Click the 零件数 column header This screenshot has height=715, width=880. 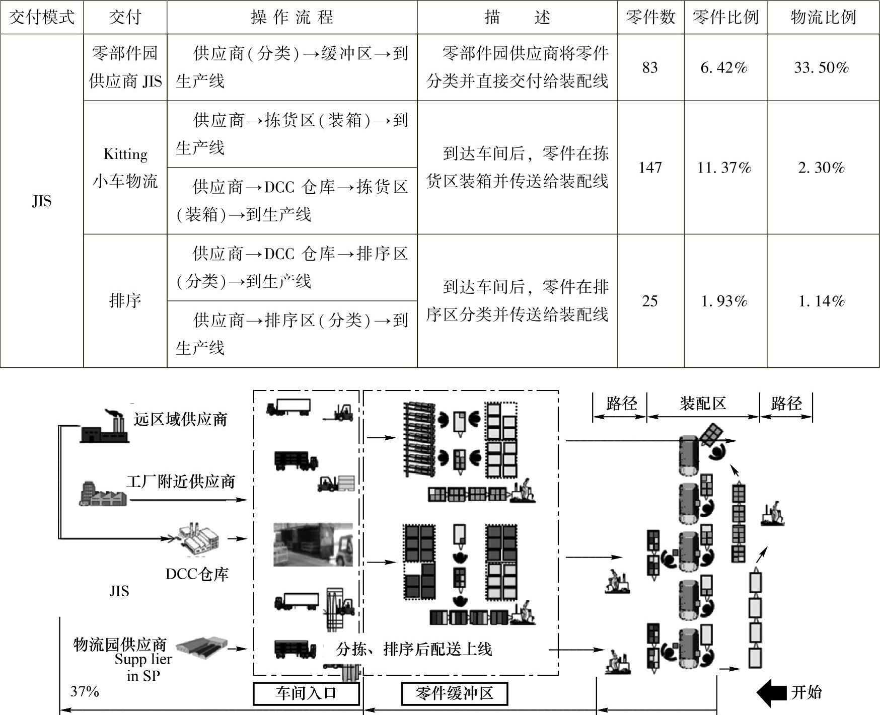(650, 17)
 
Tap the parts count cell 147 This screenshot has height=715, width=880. (650, 167)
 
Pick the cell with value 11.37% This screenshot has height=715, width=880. (724, 167)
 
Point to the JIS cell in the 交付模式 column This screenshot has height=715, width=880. (41, 201)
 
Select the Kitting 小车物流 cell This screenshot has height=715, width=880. (125, 167)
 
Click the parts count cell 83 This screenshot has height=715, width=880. (650, 67)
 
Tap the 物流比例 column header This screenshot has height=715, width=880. (823, 17)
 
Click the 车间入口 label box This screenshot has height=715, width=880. (306, 694)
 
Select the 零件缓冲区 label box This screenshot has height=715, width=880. (454, 694)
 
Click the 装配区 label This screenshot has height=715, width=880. (703, 403)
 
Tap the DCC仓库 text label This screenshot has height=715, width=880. (197, 574)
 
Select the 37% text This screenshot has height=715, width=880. (85, 692)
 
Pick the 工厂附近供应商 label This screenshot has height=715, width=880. (181, 482)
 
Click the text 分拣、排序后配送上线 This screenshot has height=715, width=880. (414, 649)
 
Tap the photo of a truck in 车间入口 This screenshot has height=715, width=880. (313, 545)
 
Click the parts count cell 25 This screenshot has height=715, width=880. (650, 301)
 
